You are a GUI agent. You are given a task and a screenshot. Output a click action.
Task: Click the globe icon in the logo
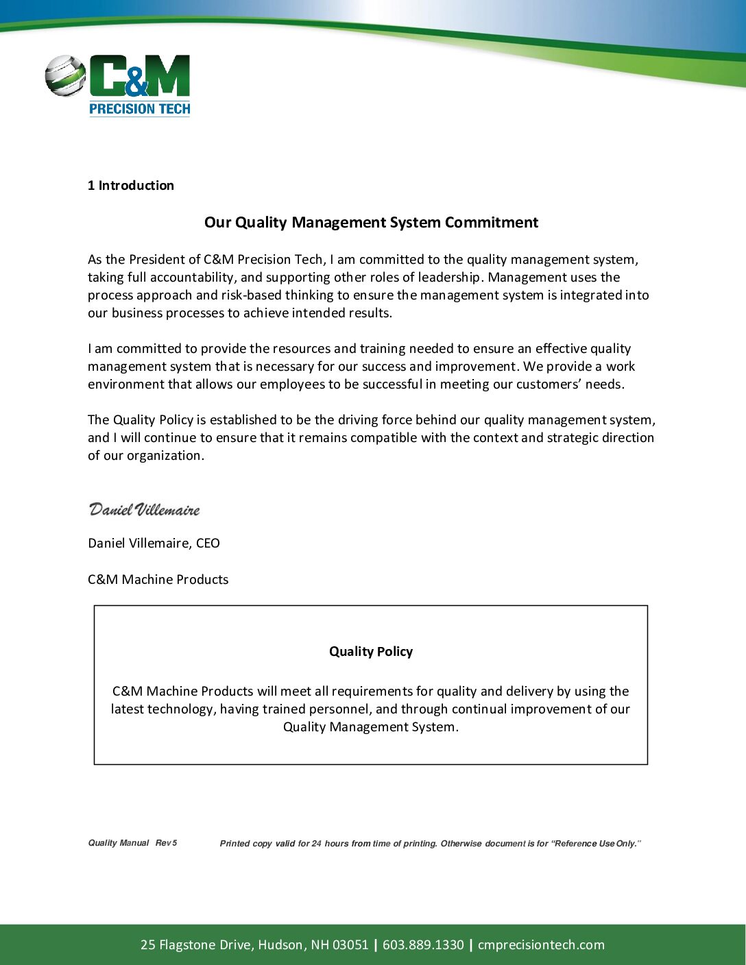click(65, 75)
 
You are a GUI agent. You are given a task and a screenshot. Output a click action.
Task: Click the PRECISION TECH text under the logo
click(140, 108)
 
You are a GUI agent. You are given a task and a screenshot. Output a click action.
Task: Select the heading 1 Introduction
click(130, 186)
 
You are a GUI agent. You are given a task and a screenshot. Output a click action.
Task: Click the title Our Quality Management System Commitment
click(371, 223)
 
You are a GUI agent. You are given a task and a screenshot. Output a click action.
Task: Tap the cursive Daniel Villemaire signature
click(144, 510)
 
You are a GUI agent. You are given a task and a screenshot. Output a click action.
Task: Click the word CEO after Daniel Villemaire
click(208, 543)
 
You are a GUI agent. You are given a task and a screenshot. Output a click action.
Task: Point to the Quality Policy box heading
click(371, 652)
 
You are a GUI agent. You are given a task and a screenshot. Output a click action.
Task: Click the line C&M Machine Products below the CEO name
click(158, 580)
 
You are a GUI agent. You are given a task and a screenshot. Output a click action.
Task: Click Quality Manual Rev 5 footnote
click(132, 843)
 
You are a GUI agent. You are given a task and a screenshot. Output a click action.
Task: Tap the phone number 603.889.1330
click(423, 945)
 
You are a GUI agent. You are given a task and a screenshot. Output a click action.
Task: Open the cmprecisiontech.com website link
click(541, 945)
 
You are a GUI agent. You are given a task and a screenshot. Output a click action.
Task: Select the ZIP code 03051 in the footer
click(350, 945)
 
